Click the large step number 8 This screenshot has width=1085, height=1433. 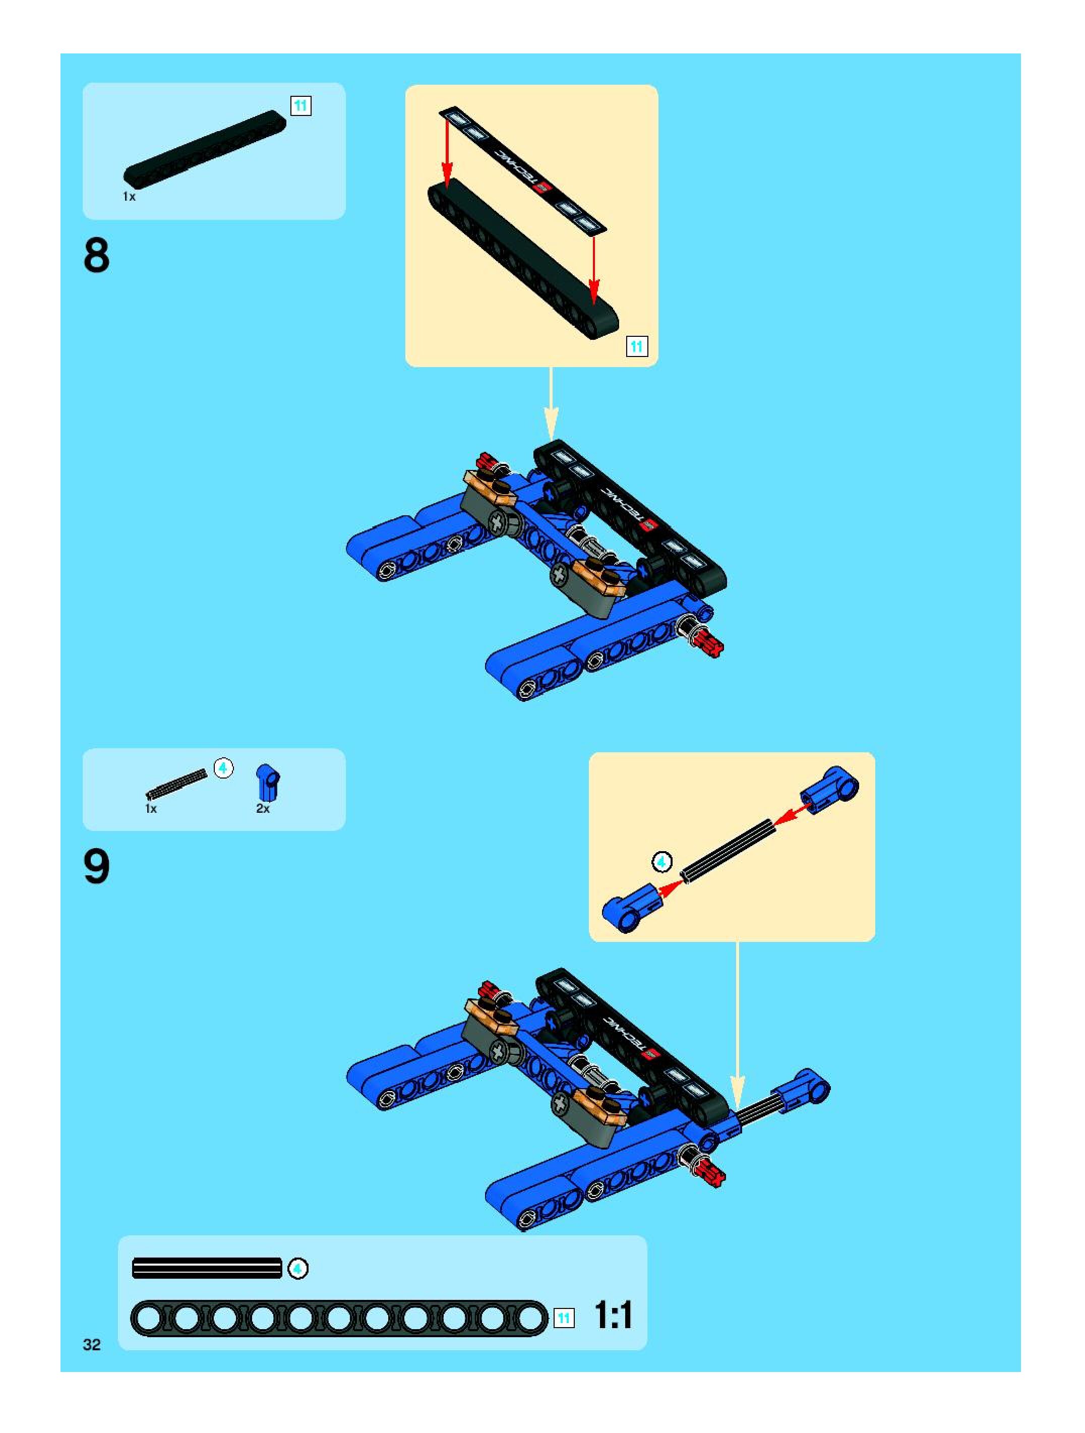pyautogui.click(x=96, y=256)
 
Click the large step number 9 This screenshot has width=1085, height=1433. pyautogui.click(x=96, y=867)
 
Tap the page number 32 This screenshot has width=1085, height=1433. pyautogui.click(x=92, y=1344)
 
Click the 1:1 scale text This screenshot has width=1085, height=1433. pyautogui.click(x=612, y=1316)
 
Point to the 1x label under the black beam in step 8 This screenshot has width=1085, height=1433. pyautogui.click(x=129, y=196)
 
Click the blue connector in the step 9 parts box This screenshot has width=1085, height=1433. pyautogui.click(x=268, y=782)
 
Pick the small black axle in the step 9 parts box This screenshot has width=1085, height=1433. pyautogui.click(x=176, y=784)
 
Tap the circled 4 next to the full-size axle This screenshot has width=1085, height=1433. pyautogui.click(x=298, y=1269)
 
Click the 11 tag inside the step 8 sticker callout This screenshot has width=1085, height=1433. pyautogui.click(x=637, y=346)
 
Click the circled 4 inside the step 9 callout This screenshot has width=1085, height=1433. pyautogui.click(x=661, y=862)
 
